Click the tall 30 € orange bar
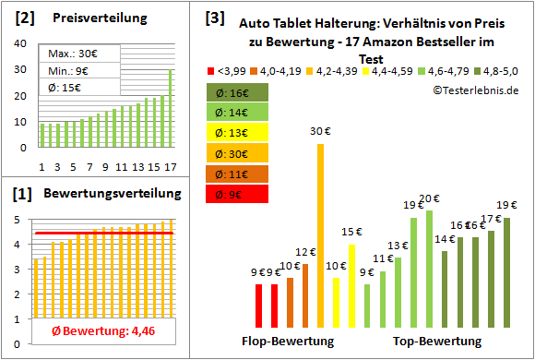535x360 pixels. click(320, 235)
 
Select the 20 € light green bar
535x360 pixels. click(429, 269)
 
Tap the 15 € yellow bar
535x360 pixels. click(351, 285)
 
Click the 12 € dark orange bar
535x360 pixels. click(305, 295)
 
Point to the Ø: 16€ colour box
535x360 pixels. click(237, 92)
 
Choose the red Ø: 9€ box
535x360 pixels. click(237, 194)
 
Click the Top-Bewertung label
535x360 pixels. click(437, 342)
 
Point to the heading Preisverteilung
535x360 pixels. click(97, 18)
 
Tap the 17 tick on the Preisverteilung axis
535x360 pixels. click(170, 166)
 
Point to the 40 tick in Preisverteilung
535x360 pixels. click(24, 43)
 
